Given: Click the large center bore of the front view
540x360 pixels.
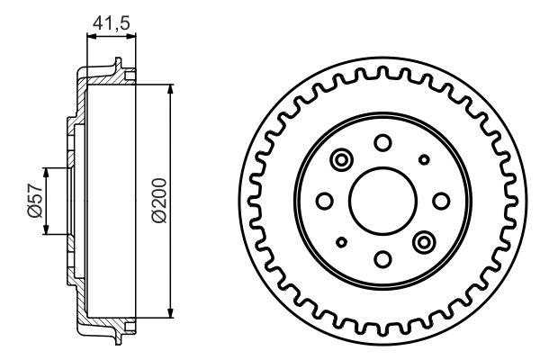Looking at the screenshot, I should coord(382,201).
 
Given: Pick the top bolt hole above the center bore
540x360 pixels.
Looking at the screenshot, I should coord(382,141).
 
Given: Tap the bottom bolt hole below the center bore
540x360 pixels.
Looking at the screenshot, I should coord(382,260).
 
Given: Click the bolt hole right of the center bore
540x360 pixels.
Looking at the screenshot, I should coord(441,201).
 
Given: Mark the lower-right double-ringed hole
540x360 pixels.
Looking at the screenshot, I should coord(423,241).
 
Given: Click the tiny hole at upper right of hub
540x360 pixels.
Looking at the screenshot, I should coord(423,160).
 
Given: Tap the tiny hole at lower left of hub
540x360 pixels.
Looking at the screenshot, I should coord(341,242).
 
